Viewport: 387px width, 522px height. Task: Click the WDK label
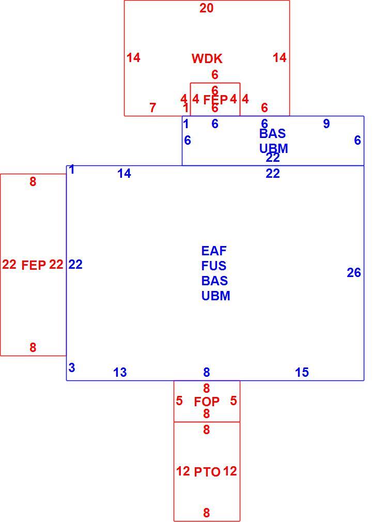207,58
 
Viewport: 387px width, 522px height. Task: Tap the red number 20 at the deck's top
206,8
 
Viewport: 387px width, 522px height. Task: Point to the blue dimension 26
354,273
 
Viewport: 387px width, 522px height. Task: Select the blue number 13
120,372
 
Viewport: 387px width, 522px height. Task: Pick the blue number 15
302,372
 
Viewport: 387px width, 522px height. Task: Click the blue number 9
327,124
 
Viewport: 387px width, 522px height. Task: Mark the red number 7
153,108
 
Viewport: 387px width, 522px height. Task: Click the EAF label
214,250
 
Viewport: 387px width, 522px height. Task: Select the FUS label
214,266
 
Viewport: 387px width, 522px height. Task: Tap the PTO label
207,472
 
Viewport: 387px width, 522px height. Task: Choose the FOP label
207,402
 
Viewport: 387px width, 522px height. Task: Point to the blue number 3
71,368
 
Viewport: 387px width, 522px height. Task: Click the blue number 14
124,174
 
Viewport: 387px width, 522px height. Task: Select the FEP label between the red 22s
34,265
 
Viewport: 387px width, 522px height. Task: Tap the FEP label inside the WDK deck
215,99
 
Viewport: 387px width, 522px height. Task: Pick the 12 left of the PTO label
183,471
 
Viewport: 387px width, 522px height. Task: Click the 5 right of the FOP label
233,401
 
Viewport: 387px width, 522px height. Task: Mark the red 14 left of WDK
133,57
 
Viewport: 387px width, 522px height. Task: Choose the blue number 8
206,372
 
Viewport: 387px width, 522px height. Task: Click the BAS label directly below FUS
214,281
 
